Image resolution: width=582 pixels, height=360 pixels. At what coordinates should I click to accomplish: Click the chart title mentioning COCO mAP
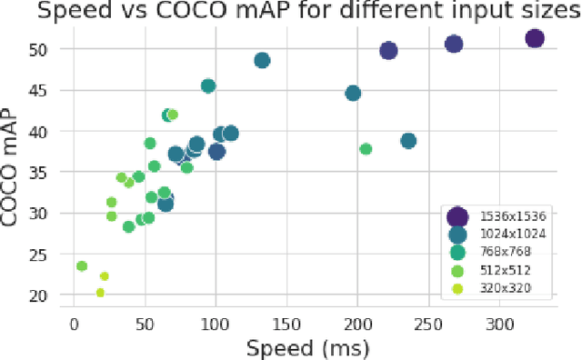pos(291,12)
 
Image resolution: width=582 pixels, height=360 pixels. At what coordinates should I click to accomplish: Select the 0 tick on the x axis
pos(75,323)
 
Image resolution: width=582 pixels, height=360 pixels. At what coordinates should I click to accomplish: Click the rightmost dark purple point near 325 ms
pos(534,38)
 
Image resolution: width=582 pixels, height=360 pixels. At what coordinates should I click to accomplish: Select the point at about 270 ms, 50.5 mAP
pos(453,45)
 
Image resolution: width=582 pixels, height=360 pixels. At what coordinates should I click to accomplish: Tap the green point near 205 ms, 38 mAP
pos(366,149)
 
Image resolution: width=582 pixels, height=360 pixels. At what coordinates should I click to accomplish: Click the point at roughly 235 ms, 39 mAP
pos(408,141)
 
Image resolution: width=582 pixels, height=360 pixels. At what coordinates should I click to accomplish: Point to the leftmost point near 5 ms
pos(82,266)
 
